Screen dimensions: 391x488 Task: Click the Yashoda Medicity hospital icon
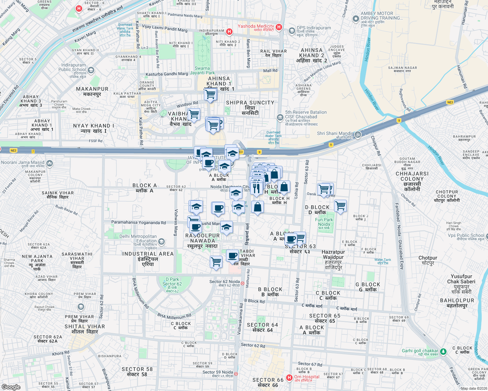(279, 27)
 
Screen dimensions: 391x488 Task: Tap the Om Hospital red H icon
(289, 378)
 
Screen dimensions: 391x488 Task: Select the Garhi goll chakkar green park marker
(443, 351)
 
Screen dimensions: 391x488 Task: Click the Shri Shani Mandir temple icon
(358, 134)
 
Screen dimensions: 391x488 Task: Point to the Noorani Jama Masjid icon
(50, 163)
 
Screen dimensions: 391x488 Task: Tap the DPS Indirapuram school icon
(292, 31)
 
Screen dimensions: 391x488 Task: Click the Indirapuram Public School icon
(91, 70)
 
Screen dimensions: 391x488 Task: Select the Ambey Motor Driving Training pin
(356, 19)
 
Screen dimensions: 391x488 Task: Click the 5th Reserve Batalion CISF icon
(280, 117)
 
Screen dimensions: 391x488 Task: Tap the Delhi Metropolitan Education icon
(161, 242)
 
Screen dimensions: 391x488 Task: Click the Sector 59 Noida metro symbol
(236, 374)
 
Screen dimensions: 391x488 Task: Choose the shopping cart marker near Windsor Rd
(194, 115)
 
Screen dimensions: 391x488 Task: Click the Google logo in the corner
(11, 387)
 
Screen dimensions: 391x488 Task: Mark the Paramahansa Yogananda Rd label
(139, 223)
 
